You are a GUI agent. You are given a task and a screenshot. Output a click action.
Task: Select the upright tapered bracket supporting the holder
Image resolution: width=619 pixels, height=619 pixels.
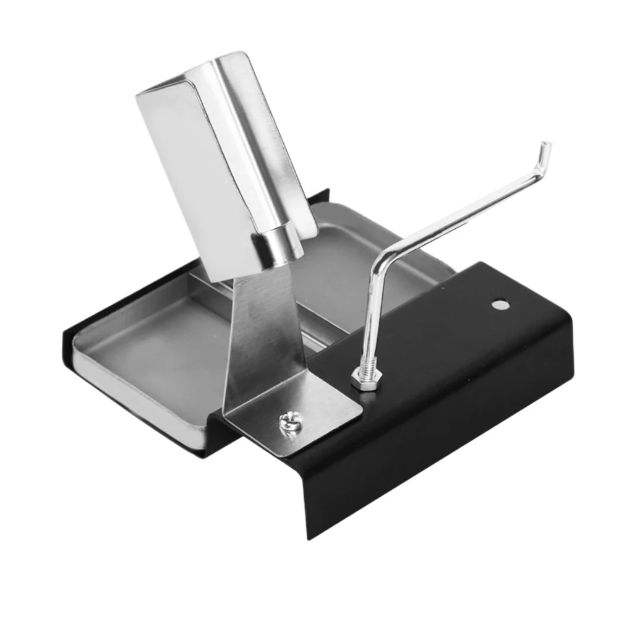pos(260,334)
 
